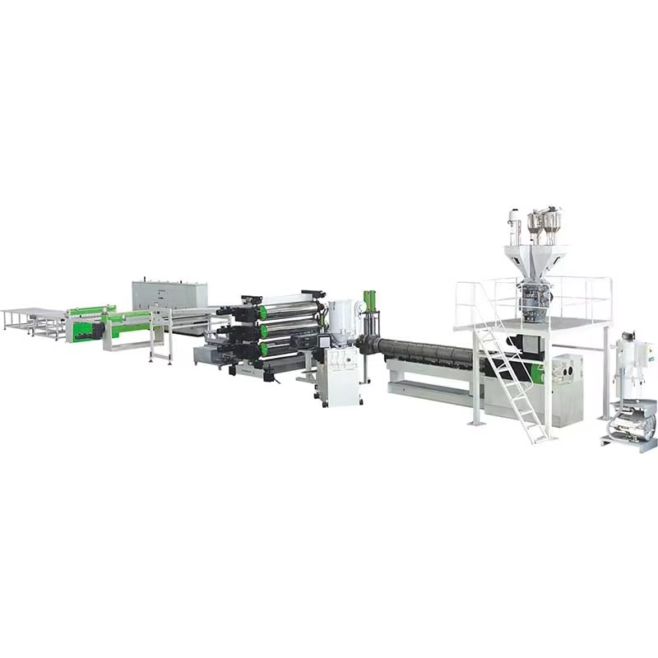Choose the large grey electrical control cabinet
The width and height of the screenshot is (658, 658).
169,294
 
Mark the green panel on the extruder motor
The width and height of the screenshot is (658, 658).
536,373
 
